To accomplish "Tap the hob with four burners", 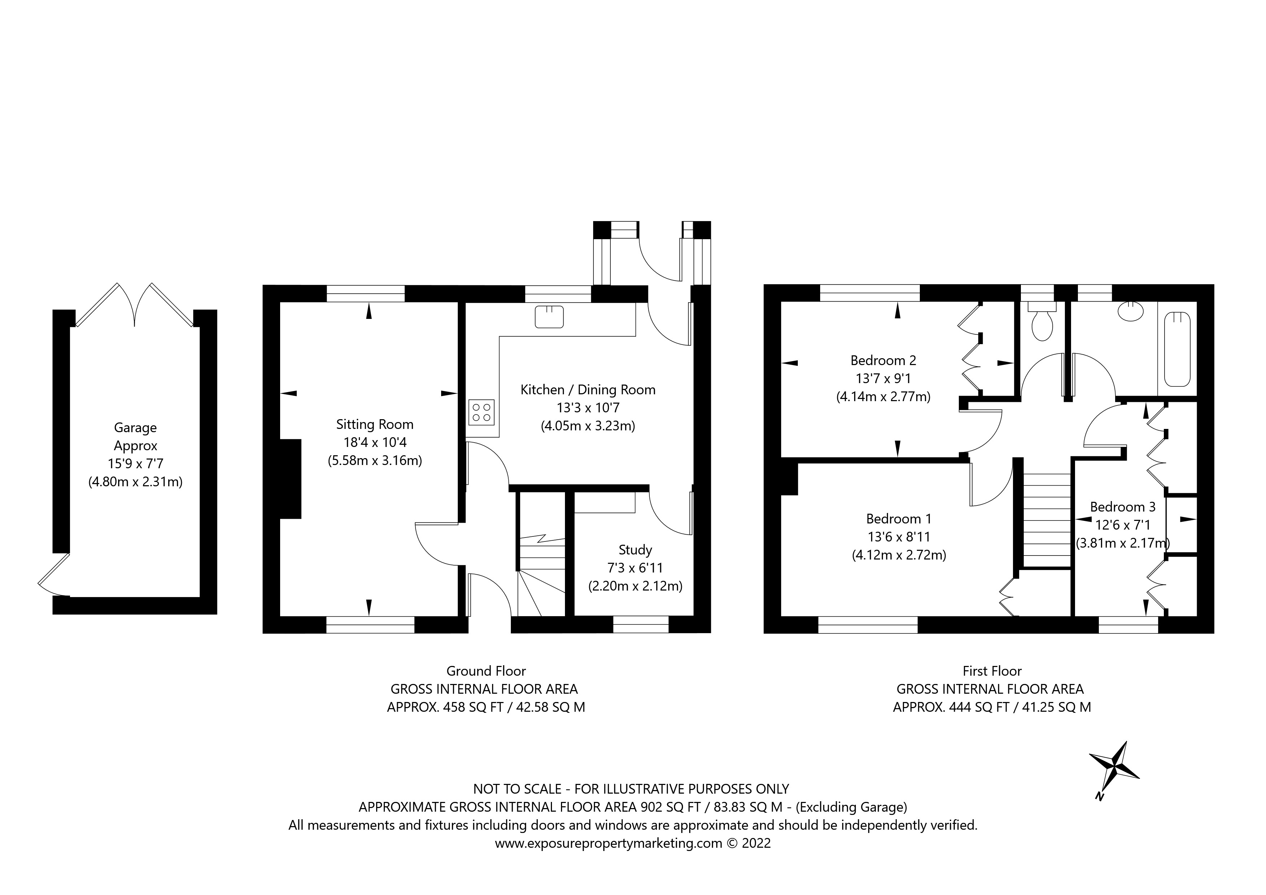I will coord(481,412).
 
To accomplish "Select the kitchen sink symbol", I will coord(549,317).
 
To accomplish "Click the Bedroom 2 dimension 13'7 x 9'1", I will coord(883,379).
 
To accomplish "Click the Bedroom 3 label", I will coord(1122,506).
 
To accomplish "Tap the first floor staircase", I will coord(1047,520).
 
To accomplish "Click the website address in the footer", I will coord(608,843).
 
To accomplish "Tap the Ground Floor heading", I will coord(486,671).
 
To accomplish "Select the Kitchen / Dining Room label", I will coord(588,390).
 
